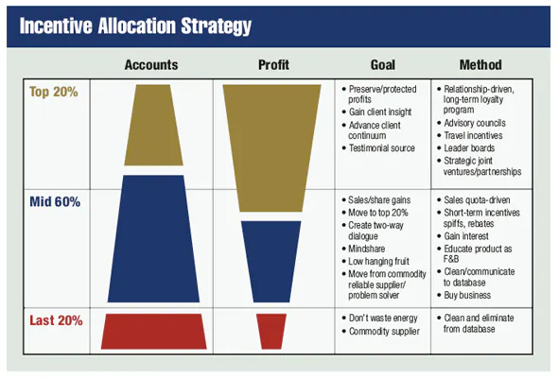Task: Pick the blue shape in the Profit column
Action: [x=271, y=258]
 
